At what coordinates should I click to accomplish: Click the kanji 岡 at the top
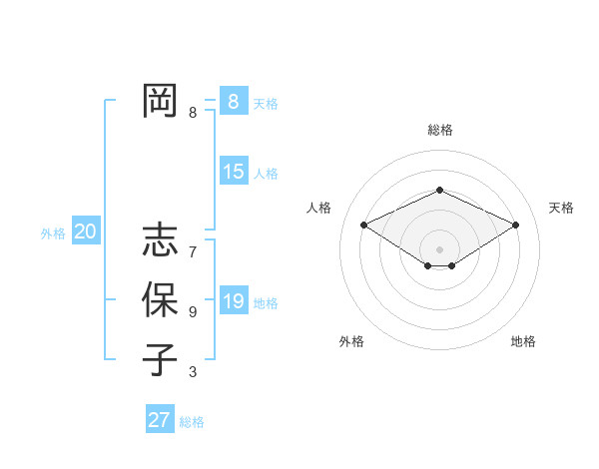160,100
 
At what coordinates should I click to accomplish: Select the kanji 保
160,299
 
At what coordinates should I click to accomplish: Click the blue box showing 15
233,172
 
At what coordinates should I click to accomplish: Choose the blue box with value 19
233,301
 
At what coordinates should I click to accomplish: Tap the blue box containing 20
85,233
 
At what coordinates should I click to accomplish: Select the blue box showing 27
159,420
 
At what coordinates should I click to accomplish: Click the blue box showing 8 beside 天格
233,102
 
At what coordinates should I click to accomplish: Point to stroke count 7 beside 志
193,252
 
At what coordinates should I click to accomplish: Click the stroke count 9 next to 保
193,312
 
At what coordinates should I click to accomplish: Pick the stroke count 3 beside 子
193,372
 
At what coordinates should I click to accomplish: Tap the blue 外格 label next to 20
53,234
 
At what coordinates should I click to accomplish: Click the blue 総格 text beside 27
192,422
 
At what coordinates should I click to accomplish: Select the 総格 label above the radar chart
439,130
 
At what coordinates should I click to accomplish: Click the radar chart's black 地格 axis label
523,341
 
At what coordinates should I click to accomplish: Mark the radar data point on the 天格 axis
515,225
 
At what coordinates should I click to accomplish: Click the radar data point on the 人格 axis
363,225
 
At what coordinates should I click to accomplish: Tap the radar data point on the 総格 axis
439,191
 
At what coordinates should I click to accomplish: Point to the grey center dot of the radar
439,248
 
